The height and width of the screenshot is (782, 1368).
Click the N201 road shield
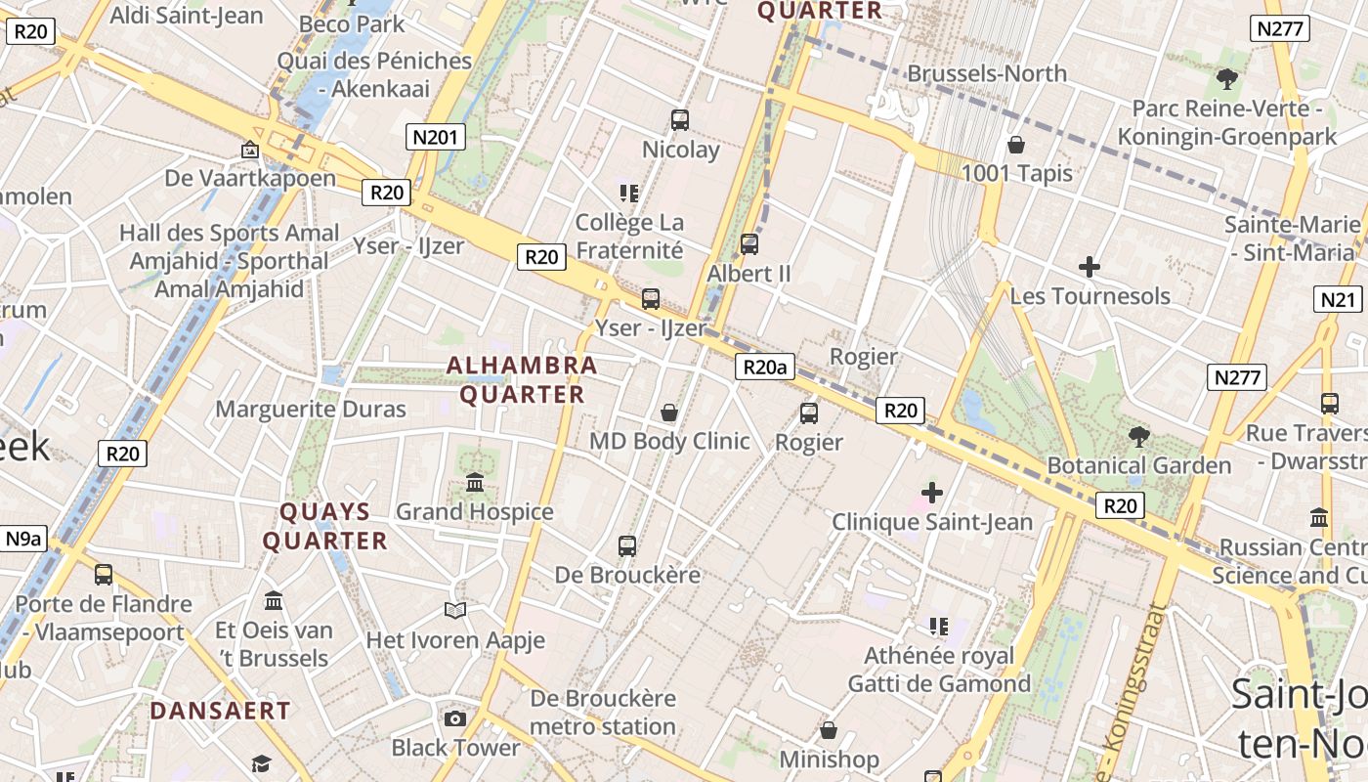point(435,137)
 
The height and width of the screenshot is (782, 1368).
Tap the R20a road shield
point(764,368)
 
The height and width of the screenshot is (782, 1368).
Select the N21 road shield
point(1338,299)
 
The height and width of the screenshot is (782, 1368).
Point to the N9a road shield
point(23,539)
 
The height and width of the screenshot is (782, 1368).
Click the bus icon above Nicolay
point(680,120)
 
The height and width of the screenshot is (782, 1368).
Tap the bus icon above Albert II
point(749,244)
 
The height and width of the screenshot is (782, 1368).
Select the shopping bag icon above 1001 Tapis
point(1016,146)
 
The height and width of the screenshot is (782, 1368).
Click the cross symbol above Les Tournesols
point(1090,267)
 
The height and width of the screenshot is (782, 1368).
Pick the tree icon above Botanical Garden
point(1138,436)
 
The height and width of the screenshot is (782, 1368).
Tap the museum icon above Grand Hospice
point(475,482)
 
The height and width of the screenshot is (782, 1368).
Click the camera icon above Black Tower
point(455,719)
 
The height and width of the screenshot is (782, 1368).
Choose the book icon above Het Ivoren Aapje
point(455,611)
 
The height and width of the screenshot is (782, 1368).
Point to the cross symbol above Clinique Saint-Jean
point(932,493)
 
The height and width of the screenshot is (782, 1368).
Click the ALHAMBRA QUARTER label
point(522,380)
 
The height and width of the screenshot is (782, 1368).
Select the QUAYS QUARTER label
point(324,526)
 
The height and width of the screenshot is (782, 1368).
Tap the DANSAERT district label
point(220,711)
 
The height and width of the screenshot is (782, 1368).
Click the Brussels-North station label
point(987,74)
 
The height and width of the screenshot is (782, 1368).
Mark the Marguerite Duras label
point(311,409)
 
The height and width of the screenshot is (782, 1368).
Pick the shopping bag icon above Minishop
point(829,730)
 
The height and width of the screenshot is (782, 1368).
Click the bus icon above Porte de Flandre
point(104,575)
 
